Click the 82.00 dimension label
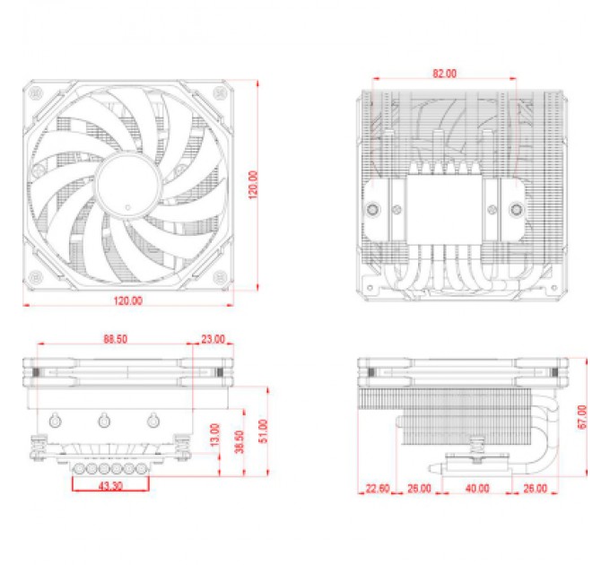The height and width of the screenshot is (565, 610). coord(442,73)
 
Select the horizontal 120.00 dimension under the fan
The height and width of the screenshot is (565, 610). coord(128,300)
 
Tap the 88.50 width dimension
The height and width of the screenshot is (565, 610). coord(115,340)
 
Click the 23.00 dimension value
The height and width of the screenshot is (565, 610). coord(213,340)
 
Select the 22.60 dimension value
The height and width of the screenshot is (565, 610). coord(378,489)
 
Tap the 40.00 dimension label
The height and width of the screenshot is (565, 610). coord(477,489)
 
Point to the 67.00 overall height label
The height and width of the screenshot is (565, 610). coord(581,416)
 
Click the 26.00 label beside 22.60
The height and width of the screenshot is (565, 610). coord(419,489)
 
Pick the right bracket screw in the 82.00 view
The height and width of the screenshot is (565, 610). coord(516,213)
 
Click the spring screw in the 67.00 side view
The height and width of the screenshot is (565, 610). coord(477,443)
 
